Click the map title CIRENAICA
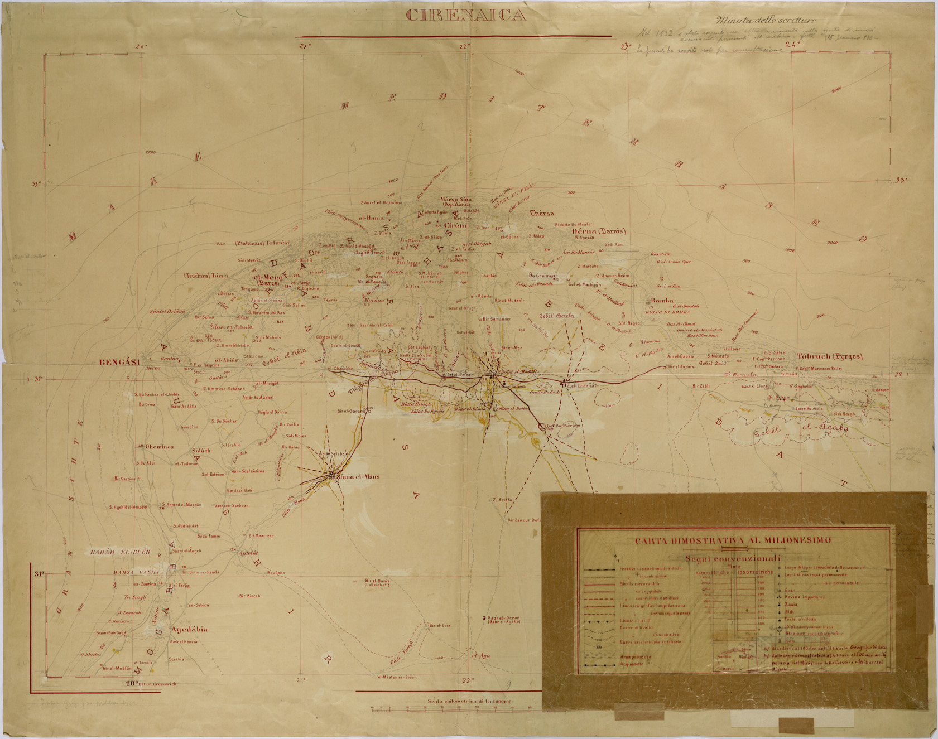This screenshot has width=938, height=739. [466, 16]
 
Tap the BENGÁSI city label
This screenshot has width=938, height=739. [119, 363]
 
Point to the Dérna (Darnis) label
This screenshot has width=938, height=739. [599, 231]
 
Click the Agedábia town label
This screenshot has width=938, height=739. [189, 630]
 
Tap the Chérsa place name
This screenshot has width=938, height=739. [542, 213]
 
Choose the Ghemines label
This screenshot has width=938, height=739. [159, 447]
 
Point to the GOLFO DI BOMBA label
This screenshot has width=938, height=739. [665, 312]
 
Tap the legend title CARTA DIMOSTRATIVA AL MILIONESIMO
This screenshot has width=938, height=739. [733, 540]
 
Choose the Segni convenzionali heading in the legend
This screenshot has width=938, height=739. [733, 559]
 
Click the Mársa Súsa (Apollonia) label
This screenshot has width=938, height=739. [456, 202]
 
